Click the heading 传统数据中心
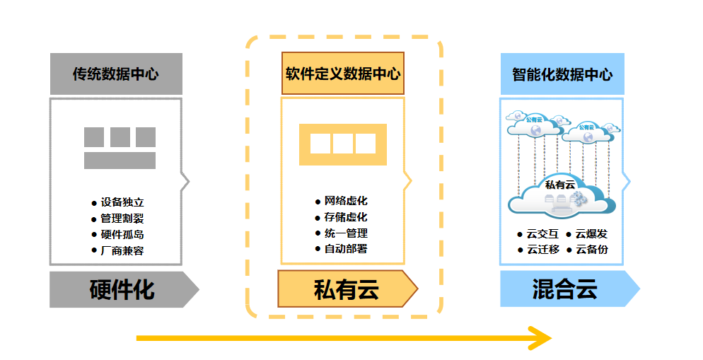(x=116, y=74)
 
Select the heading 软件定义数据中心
(x=343, y=74)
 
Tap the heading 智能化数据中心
(x=562, y=74)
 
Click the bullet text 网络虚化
(x=346, y=202)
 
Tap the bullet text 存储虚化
(x=346, y=217)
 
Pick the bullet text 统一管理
(x=346, y=233)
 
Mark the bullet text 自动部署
(x=346, y=248)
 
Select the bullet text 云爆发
(x=591, y=233)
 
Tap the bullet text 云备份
(x=591, y=249)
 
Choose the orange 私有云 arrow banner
(x=346, y=289)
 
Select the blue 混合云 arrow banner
(x=565, y=289)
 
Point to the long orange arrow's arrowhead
(x=542, y=338)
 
